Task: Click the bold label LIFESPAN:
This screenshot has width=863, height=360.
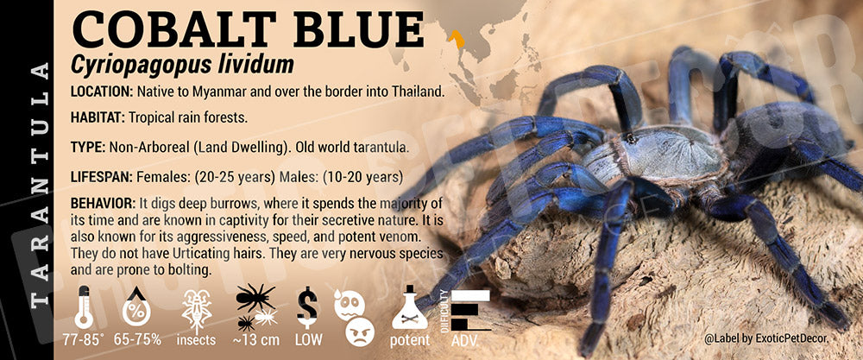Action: [102, 177]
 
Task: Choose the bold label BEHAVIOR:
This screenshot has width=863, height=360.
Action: [103, 204]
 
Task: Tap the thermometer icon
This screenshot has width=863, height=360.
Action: [84, 307]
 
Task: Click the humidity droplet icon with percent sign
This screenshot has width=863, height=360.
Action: [136, 307]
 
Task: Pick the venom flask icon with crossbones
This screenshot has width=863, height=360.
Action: [409, 308]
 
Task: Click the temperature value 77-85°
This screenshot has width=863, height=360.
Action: [83, 340]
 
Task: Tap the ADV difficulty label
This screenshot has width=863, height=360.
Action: [464, 340]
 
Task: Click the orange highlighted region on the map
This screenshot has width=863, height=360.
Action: [457, 39]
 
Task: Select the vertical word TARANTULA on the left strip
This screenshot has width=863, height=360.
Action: [39, 185]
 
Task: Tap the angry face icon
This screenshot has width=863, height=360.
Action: [360, 332]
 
